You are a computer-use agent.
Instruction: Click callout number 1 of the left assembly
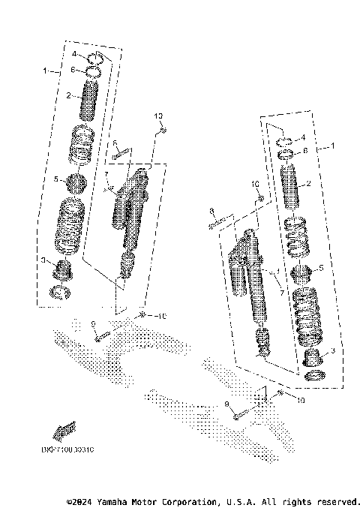click(x=45, y=71)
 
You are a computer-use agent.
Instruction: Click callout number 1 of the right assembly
click(x=334, y=146)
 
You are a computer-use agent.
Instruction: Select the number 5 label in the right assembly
click(x=320, y=269)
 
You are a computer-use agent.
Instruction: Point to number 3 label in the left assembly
click(x=43, y=260)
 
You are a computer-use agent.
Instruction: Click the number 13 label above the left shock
click(x=158, y=116)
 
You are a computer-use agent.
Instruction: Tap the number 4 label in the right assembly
click(x=303, y=138)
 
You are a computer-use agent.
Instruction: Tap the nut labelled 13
click(x=163, y=132)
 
